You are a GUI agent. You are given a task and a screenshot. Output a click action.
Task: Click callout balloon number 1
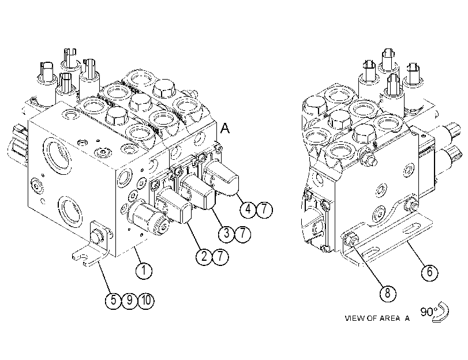coord(144,271)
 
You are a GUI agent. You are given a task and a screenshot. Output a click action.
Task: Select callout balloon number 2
coord(204,256)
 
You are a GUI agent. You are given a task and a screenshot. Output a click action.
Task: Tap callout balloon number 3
coord(227,234)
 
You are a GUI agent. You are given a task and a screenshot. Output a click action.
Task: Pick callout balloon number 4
coord(248,209)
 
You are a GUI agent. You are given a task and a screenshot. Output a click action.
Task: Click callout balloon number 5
coord(113,300)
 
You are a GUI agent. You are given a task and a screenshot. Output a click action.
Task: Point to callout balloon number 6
coord(429,272)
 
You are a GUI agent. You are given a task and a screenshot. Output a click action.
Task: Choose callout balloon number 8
coord(387,293)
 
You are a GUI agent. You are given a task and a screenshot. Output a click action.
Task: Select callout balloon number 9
coord(129,300)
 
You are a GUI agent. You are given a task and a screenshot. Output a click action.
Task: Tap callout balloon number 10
coord(146,300)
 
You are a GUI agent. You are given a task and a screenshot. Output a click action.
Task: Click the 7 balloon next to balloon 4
coord(264,209)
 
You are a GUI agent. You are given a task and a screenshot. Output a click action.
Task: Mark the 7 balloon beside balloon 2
coord(220,256)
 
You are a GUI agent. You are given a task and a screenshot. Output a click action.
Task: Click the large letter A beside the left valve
coord(225,128)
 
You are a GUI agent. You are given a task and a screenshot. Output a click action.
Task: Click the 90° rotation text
coord(429,312)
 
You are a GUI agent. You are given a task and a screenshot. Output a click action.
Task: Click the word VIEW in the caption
coord(355,318)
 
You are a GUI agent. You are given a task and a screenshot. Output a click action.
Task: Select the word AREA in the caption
coord(390,318)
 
